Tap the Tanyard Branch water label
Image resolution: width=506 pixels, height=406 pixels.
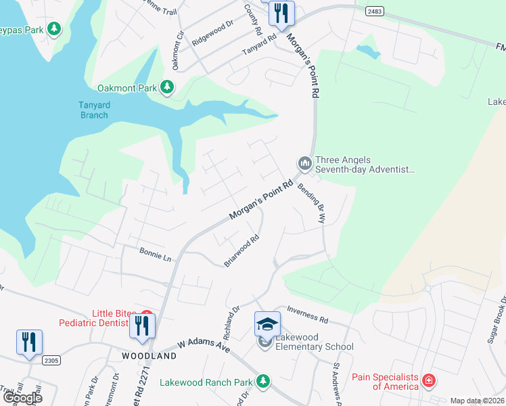click(x=93, y=110)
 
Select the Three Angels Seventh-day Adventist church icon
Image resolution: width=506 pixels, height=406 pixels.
click(x=304, y=163)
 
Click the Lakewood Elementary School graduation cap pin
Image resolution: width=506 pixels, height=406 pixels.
click(x=267, y=324)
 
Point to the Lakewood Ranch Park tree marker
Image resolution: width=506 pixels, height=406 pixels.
click(x=262, y=382)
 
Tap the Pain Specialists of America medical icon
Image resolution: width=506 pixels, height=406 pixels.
click(x=428, y=381)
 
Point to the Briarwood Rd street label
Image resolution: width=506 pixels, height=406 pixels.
click(x=242, y=251)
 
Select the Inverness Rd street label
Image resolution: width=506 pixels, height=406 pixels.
click(x=307, y=314)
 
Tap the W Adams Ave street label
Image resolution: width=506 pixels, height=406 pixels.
click(x=204, y=346)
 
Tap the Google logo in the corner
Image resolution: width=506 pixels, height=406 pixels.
click(x=22, y=398)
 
